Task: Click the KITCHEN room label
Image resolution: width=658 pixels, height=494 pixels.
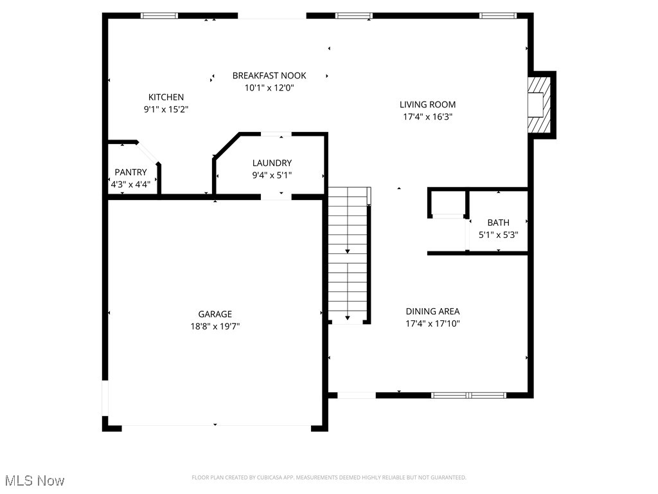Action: [x=166, y=97]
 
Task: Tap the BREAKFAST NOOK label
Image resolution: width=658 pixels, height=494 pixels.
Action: [x=269, y=76]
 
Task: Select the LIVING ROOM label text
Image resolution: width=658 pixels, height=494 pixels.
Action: [x=427, y=104]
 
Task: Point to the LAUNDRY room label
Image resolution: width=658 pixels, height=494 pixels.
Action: [x=272, y=163]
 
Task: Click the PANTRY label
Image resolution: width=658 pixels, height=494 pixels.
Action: [x=130, y=172]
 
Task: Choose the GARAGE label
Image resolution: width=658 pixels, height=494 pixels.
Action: [x=215, y=314]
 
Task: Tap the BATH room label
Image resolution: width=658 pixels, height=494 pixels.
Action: [x=498, y=223]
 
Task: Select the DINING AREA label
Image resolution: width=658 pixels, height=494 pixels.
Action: [x=432, y=311]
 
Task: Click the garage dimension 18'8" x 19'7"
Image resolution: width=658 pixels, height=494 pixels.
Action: [x=215, y=326]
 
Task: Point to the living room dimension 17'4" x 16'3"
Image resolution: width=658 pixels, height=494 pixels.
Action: [x=427, y=117]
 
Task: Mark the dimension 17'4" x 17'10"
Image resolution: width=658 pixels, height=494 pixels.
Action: [x=432, y=324]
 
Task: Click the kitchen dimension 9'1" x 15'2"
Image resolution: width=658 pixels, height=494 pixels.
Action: [x=166, y=109]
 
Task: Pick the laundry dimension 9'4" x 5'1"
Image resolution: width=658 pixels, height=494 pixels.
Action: [x=272, y=176]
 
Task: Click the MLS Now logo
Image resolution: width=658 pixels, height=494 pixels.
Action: [x=35, y=480]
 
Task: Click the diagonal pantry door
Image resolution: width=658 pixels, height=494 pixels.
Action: [x=148, y=153]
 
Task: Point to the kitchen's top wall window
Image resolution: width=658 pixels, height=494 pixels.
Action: [x=159, y=15]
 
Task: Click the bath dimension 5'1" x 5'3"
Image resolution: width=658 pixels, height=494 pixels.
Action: [x=498, y=235]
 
